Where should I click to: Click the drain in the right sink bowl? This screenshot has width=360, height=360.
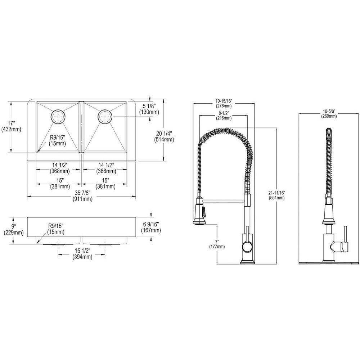click(x=105, y=116)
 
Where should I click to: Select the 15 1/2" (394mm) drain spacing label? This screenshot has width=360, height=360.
click(x=82, y=253)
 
